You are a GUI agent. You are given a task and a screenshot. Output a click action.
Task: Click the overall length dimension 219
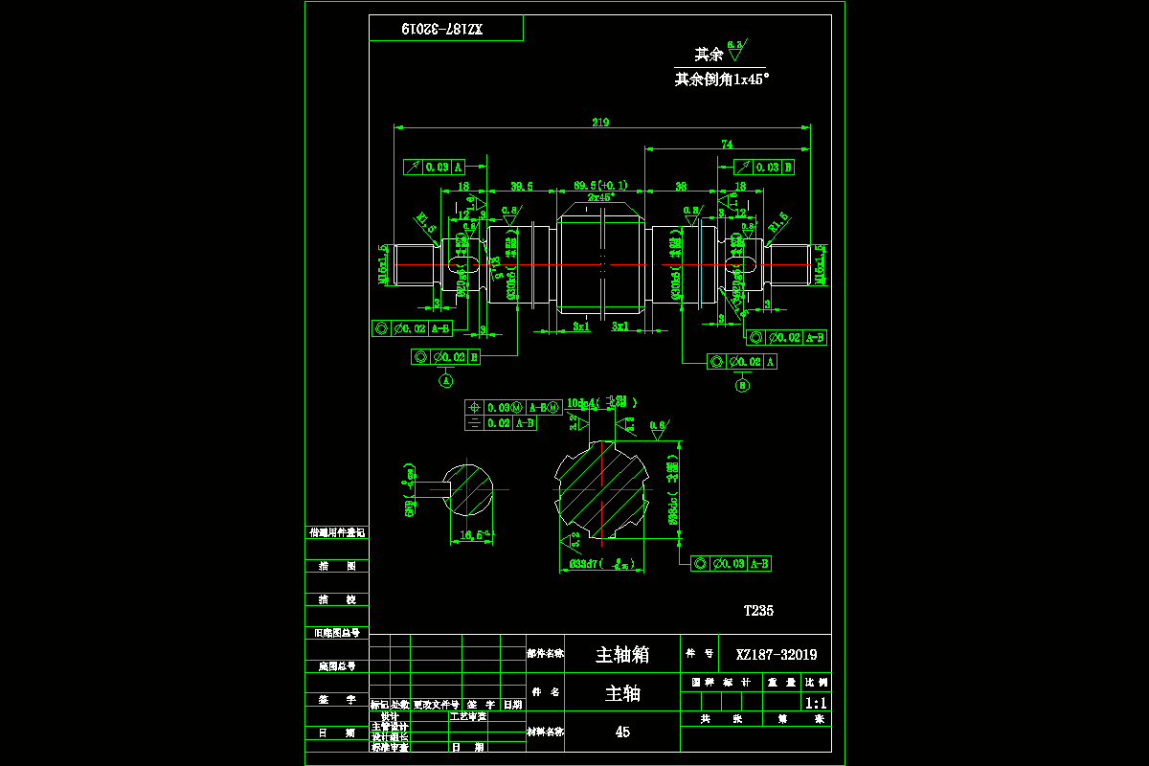[x=601, y=122]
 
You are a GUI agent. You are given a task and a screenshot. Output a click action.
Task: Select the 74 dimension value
[x=727, y=145]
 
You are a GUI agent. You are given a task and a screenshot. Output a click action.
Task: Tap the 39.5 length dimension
[x=522, y=186]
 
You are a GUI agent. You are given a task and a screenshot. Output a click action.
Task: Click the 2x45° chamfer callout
[x=600, y=196]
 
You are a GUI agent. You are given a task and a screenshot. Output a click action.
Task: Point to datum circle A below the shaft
[x=446, y=380]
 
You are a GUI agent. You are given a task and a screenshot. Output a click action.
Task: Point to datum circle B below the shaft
[x=743, y=386]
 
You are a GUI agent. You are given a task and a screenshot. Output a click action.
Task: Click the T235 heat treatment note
[x=758, y=610]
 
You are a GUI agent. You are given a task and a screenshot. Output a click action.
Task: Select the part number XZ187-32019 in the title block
[x=777, y=655]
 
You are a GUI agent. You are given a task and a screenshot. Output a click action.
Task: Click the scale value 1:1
[x=817, y=702]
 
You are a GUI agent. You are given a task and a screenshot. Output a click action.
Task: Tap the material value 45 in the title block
[x=622, y=732]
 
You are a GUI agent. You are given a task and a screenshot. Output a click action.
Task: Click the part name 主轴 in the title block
[x=622, y=693]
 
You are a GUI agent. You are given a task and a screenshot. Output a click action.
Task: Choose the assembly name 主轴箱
[x=622, y=655]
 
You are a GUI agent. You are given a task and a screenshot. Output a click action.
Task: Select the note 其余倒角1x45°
[x=722, y=80]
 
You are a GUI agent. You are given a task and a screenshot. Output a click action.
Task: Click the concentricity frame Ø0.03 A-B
[x=732, y=564]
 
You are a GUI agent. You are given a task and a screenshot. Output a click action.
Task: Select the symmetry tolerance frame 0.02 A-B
[x=501, y=422]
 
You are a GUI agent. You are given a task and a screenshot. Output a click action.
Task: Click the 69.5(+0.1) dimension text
[x=600, y=185]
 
